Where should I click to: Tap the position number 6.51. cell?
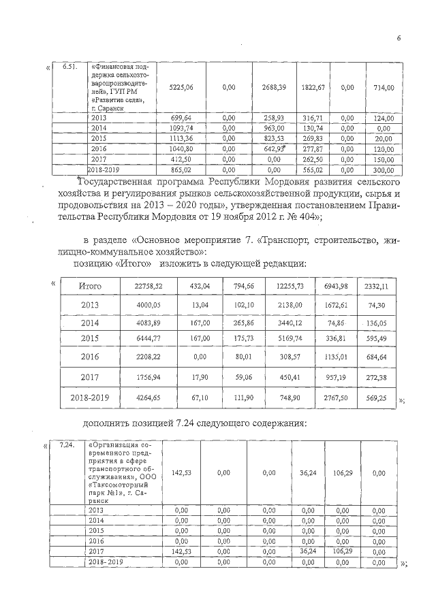pyautogui.click(x=69, y=67)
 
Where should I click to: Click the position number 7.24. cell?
pyautogui.click(x=67, y=444)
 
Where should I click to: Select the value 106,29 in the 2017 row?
pyautogui.click(x=337, y=552)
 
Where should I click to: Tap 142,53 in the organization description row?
pyautogui.click(x=181, y=472)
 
